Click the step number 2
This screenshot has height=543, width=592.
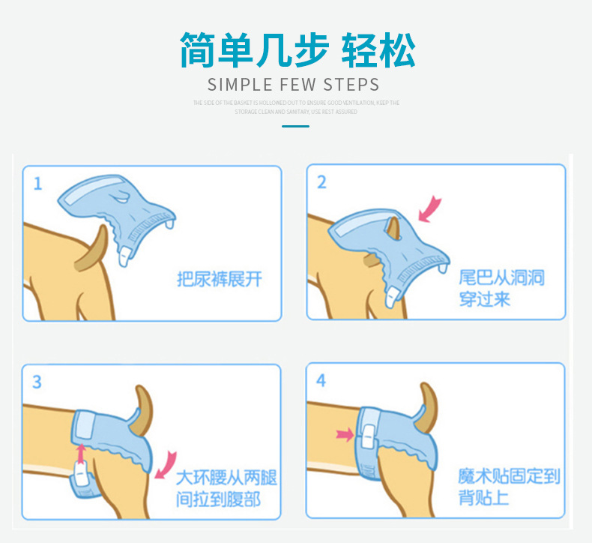pyautogui.click(x=321, y=182)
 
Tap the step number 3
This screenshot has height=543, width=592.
pyautogui.click(x=37, y=382)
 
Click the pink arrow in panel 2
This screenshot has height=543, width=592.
pyautogui.click(x=429, y=209)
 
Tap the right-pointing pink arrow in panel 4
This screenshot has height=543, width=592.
pyautogui.click(x=345, y=433)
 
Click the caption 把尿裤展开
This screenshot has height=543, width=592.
pyautogui.click(x=220, y=280)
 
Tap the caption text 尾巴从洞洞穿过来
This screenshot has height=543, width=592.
pyautogui.click(x=501, y=289)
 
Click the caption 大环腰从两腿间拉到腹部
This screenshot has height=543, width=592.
pyautogui.click(x=226, y=488)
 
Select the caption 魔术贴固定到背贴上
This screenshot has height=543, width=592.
pyautogui.click(x=509, y=487)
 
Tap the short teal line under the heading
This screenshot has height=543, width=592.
pyautogui.click(x=295, y=126)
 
